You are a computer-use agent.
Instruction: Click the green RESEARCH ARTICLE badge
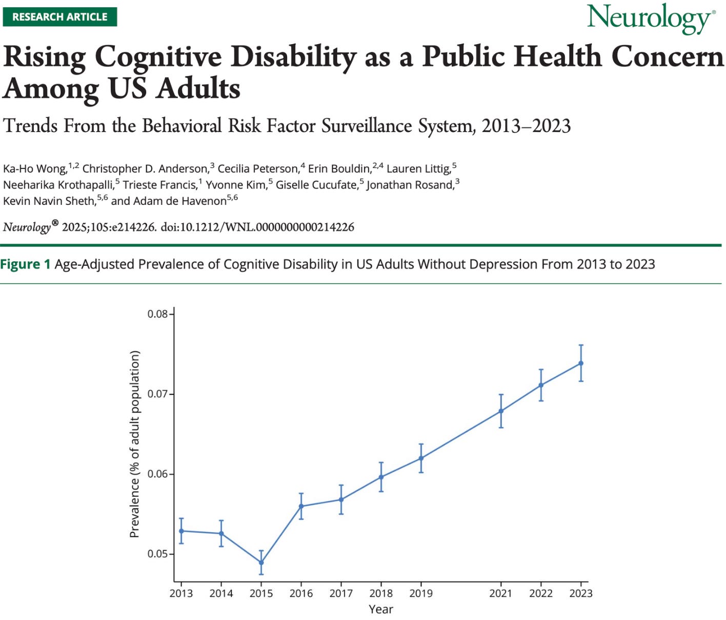tap(59, 16)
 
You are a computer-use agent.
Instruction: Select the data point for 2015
tap(261, 563)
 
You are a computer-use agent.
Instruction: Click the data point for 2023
tap(581, 363)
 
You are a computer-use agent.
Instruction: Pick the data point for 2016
tap(301, 506)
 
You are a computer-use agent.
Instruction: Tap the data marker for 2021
tap(501, 411)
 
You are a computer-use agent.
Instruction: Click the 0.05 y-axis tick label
tap(158, 554)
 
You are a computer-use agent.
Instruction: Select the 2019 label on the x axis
tap(421, 593)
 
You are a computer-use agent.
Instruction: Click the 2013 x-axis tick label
tap(181, 593)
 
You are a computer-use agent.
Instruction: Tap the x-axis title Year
tap(381, 609)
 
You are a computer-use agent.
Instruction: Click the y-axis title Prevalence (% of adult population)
tap(135, 444)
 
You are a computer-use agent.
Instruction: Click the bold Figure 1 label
tap(26, 264)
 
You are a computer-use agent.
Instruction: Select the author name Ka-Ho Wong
tap(35, 169)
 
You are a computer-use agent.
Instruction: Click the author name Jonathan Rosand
tap(410, 185)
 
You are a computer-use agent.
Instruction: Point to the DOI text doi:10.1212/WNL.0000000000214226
tap(257, 227)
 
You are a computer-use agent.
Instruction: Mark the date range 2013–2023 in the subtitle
tap(526, 126)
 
